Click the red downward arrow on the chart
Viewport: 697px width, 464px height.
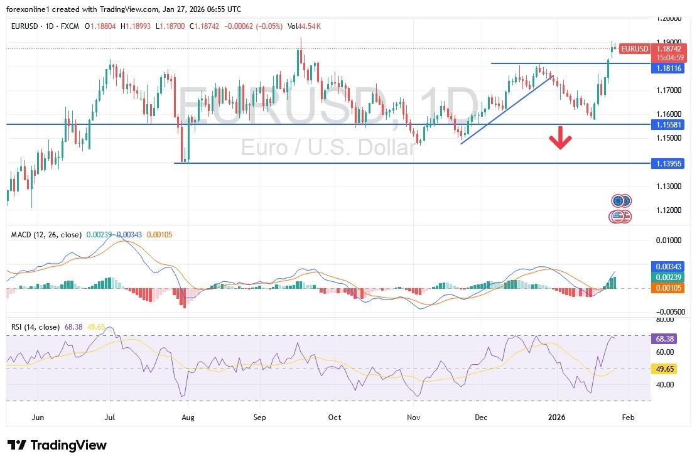click(560, 138)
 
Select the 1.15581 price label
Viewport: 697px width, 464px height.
click(669, 124)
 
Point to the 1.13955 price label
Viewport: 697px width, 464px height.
click(669, 163)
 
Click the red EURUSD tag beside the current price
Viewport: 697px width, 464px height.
click(634, 48)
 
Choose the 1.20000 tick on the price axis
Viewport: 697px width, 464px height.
click(669, 19)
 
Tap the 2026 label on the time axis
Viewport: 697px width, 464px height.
click(558, 416)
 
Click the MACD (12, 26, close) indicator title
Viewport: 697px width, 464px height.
click(46, 235)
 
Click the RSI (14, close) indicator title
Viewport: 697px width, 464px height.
click(35, 327)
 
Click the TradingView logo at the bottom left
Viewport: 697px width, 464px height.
click(57, 445)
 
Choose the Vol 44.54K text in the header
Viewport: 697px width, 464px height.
click(304, 26)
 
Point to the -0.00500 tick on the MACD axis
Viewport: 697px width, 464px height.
click(668, 311)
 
